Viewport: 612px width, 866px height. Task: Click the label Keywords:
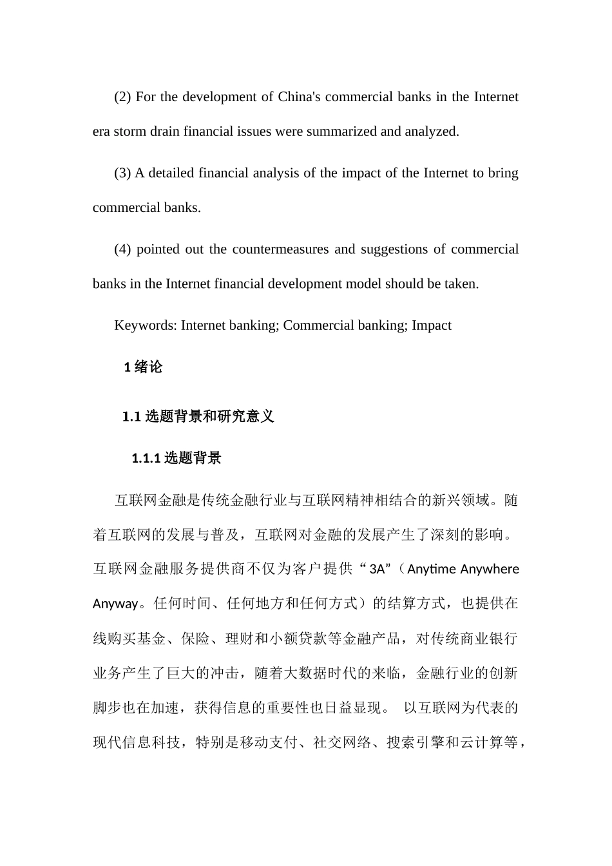pos(146,325)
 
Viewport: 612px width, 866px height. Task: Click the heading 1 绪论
pos(143,367)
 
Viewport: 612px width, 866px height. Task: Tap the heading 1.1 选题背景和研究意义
pos(198,416)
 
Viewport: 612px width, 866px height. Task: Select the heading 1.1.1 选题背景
pos(177,458)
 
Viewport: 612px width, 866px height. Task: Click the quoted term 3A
pos(377,569)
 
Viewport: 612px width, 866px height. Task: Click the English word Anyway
pos(115,604)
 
